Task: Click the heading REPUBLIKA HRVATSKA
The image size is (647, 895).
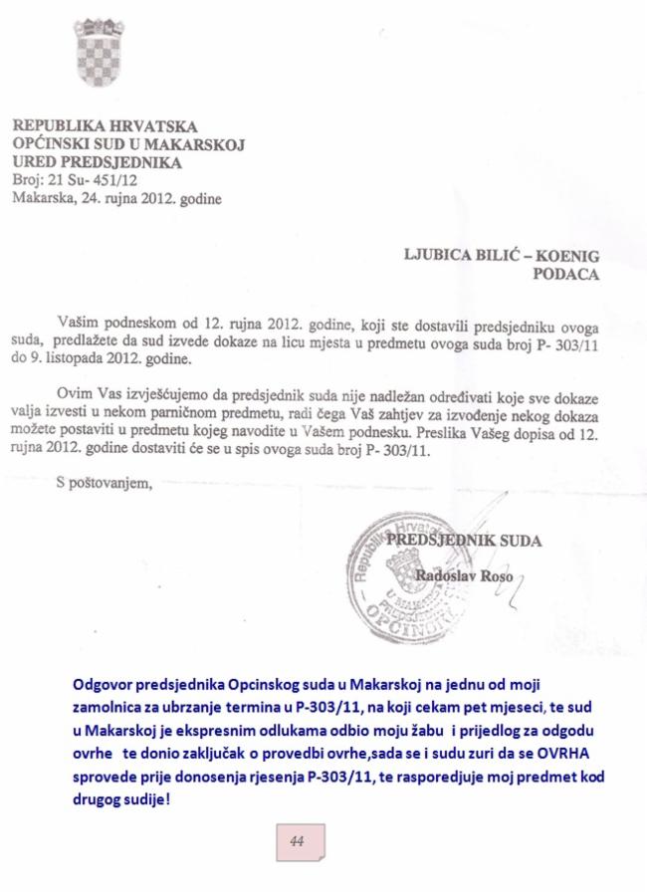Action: tap(105, 126)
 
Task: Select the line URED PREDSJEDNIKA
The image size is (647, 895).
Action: tap(96, 161)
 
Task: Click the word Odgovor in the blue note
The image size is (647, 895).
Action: tap(104, 686)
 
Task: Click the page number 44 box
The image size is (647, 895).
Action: tap(296, 841)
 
